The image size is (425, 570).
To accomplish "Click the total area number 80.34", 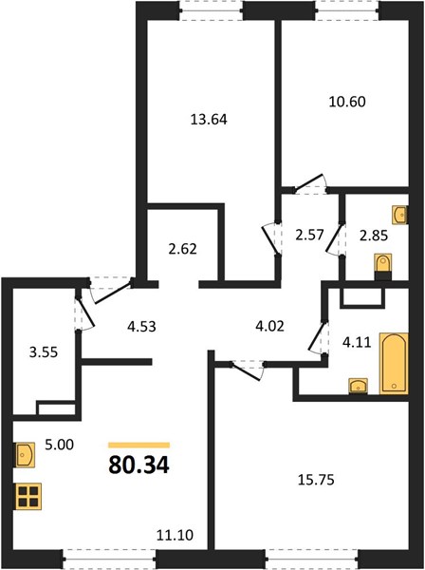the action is (x=139, y=465).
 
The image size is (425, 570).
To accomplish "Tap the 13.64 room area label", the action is (x=209, y=120).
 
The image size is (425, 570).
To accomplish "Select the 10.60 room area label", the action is (x=347, y=102).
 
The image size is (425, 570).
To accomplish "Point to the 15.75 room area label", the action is (x=316, y=480).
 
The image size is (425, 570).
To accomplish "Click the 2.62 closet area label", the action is (x=183, y=249).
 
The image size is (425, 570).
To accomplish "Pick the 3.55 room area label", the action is (x=44, y=352).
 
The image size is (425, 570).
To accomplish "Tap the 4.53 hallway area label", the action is (x=142, y=327).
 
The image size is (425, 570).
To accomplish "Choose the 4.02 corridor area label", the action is (x=270, y=326).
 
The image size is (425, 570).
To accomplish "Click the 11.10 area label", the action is (x=175, y=535).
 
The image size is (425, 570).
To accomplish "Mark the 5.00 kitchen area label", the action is (x=60, y=445).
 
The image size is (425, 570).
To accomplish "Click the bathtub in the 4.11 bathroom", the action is (x=394, y=363).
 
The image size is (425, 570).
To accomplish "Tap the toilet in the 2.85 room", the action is (x=383, y=266).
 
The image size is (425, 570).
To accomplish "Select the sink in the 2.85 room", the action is (x=400, y=215).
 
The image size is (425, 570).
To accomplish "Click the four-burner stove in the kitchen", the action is (x=28, y=497).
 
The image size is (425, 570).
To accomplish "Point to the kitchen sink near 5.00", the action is (x=25, y=454).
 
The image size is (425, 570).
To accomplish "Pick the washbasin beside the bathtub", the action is (x=358, y=386).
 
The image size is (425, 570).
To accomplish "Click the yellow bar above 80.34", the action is (x=139, y=445).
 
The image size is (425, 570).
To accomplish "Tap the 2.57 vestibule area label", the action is (x=309, y=235).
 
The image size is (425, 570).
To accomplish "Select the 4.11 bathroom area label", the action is (x=357, y=342).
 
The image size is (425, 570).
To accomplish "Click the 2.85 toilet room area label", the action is (x=374, y=236).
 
